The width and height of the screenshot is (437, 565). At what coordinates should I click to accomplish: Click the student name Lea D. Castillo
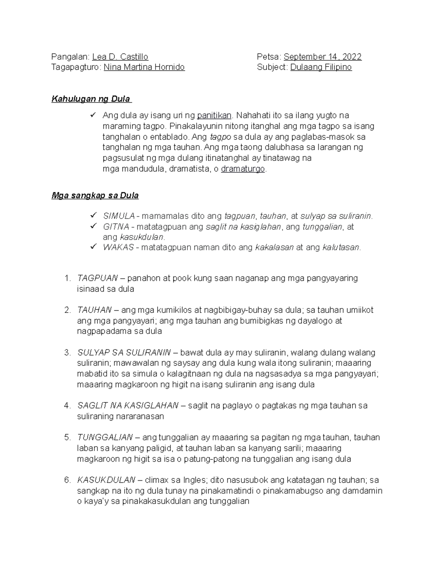(120, 57)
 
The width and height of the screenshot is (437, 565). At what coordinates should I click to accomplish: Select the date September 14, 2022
(322, 57)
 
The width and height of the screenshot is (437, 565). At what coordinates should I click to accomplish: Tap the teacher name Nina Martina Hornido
(144, 67)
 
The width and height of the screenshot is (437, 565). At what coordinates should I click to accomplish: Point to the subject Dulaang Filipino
(321, 67)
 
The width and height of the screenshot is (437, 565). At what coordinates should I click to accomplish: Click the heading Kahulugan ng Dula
(91, 99)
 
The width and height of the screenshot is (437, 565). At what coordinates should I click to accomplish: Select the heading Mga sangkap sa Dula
(95, 196)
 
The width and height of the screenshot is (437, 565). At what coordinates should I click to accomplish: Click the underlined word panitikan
(214, 116)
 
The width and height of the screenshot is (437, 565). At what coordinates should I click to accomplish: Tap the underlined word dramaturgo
(243, 169)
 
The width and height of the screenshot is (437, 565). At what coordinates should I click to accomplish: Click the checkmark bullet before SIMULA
(93, 215)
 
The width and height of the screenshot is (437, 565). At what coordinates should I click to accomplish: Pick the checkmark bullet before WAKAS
(93, 247)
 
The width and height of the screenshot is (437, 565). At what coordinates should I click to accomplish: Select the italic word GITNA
(116, 227)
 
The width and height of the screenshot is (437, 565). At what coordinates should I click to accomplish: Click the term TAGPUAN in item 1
(97, 278)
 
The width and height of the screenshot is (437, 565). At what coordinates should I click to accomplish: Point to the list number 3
(67, 353)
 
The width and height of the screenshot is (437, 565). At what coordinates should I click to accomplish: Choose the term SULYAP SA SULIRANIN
(124, 353)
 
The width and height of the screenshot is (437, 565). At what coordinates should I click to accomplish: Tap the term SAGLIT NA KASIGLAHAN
(128, 406)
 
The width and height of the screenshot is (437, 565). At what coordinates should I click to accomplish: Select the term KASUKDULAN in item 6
(106, 480)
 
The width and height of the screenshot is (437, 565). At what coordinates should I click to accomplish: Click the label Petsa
(268, 57)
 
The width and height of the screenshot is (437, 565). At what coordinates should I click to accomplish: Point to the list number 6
(67, 480)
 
